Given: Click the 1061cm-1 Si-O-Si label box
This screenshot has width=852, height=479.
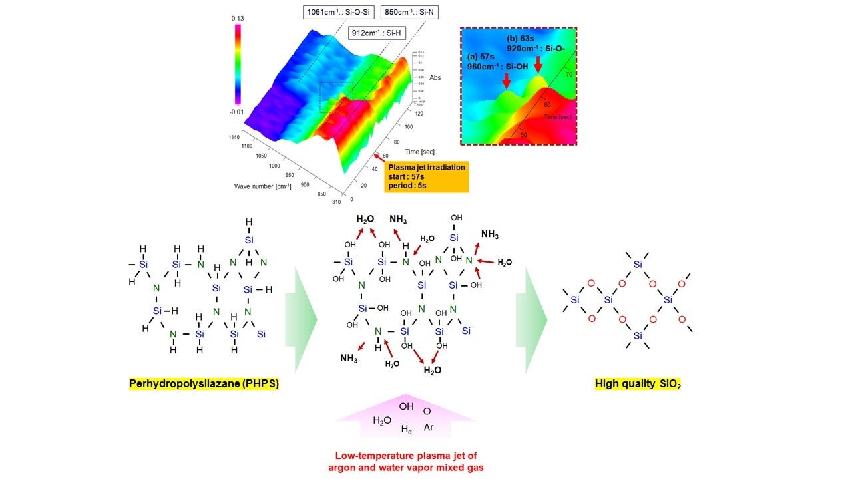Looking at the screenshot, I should (x=339, y=12).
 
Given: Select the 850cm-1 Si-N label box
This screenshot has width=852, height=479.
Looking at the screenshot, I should (x=409, y=12).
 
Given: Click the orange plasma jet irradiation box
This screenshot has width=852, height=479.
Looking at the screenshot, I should (x=426, y=176).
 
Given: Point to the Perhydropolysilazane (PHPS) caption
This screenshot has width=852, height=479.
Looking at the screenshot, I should (x=204, y=384).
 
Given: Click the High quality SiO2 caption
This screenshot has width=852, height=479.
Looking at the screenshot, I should (x=638, y=384).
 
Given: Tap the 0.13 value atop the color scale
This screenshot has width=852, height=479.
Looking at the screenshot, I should (x=238, y=19).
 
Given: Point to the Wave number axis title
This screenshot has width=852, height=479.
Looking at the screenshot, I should (x=263, y=186).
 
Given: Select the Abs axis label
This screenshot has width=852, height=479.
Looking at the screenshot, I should (x=435, y=77).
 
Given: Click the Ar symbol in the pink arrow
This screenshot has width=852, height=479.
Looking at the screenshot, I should (x=429, y=427).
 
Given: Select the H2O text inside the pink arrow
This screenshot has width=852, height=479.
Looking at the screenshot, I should (x=382, y=420).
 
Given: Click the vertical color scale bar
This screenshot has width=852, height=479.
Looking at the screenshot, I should (x=238, y=65).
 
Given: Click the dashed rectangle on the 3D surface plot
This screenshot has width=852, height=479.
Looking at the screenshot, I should (x=337, y=98).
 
